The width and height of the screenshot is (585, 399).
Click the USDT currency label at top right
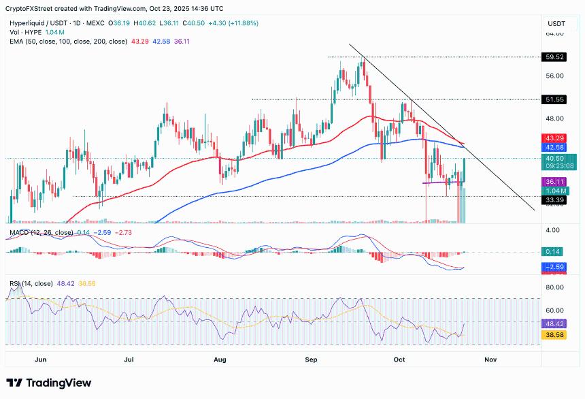[x=556, y=23]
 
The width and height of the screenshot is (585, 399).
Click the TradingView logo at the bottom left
[x=49, y=383]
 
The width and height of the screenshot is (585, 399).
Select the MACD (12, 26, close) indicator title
[x=40, y=233]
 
